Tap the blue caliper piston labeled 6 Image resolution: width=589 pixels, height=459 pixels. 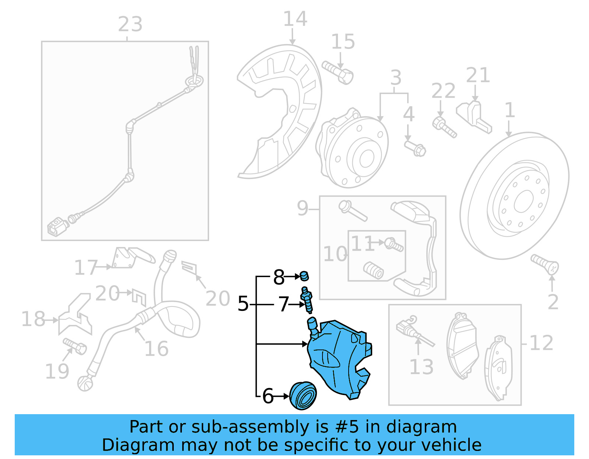tap(303, 396)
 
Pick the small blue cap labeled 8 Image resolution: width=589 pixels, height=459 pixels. tap(304, 275)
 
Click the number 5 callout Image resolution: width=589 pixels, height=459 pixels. tap(243, 304)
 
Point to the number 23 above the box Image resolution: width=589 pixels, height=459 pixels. tap(130, 25)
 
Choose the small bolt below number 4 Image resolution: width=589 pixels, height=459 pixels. tap(416, 148)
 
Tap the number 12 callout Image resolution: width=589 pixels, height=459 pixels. tap(541, 343)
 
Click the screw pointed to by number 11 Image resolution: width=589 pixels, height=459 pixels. tap(394, 244)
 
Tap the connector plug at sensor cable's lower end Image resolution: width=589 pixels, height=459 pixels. tap(57, 227)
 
